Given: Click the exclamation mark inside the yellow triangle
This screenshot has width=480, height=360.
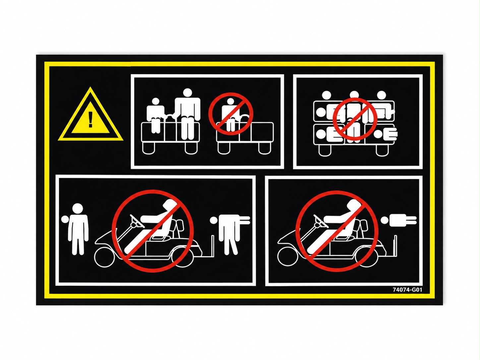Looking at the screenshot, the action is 90,119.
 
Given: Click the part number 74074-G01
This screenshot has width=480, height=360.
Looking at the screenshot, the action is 407,290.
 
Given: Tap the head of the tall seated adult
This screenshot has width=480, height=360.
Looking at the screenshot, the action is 187,92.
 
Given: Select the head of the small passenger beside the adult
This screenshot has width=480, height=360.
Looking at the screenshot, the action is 155,102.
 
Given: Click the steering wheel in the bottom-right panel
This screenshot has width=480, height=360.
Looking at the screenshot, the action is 321,221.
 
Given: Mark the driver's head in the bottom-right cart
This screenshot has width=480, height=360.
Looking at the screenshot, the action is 352,205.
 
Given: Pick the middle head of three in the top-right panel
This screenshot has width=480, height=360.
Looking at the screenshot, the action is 354,95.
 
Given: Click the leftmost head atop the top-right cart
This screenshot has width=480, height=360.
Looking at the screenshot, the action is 327,95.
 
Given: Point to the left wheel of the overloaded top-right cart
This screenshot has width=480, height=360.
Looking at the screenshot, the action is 325,150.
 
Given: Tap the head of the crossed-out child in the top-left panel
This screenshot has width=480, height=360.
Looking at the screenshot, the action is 230,102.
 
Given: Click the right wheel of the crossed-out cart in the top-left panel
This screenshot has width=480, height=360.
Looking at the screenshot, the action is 265,148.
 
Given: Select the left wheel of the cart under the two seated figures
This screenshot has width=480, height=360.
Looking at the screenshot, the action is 149,148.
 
